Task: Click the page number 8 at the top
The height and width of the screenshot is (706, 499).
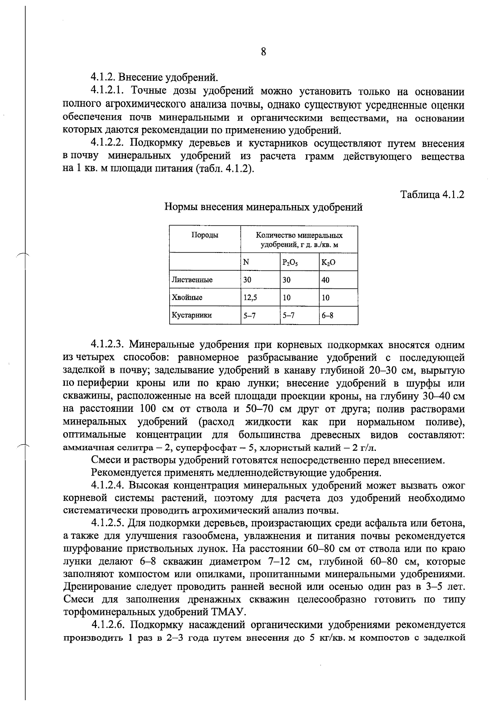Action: pos(263,52)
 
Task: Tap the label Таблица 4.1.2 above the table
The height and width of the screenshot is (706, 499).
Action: pos(432,194)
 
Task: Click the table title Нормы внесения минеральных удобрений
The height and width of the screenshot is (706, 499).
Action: pos(264,207)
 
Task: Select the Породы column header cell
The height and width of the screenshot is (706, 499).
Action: pos(205,235)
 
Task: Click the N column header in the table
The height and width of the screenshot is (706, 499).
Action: pos(246,263)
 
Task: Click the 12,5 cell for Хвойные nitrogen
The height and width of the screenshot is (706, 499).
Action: pos(250,298)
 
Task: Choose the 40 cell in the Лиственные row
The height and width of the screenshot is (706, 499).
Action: pos(326,280)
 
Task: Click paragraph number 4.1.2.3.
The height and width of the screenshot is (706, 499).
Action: pos(108,345)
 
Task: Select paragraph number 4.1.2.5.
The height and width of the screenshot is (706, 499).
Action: pos(108,523)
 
